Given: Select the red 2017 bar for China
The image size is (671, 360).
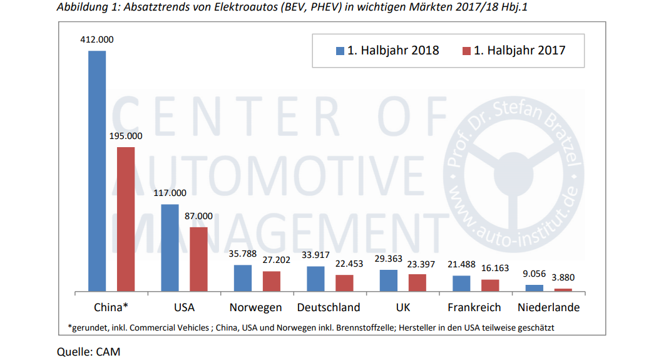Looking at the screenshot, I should [126, 219].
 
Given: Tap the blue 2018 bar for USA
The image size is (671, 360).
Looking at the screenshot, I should [170, 248].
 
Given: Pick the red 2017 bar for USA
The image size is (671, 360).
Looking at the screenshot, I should [198, 259].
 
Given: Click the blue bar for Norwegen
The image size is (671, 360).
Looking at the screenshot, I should [243, 278].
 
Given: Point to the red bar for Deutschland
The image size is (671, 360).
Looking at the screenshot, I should [344, 283].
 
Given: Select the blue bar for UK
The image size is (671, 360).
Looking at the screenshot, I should [388, 280].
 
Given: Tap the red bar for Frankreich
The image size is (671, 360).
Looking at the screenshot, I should [490, 285].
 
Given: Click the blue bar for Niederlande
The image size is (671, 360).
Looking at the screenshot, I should [534, 288].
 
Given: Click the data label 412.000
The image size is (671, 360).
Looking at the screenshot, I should [97, 39].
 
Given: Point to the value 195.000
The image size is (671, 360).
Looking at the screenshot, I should [126, 136].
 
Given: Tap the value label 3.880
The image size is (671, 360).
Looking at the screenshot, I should [563, 277].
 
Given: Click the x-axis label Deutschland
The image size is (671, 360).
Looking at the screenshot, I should [329, 307].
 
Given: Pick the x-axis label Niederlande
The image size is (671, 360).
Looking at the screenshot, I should [548, 307].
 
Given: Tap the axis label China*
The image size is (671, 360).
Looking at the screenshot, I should [111, 307].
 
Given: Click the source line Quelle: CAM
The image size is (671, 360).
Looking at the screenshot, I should [88, 352].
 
